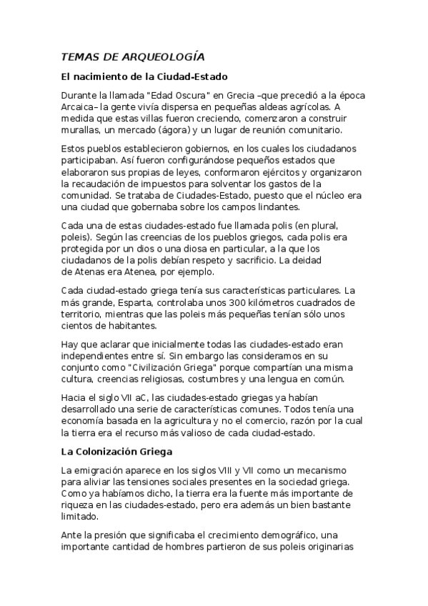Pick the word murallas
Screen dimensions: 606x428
(x=82, y=130)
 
